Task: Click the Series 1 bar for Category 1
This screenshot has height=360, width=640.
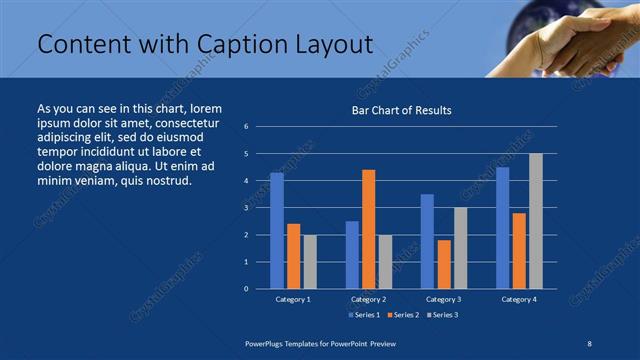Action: [277, 230]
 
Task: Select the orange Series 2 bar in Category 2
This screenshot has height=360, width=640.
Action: [368, 229]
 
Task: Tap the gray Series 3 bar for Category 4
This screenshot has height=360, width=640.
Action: [536, 221]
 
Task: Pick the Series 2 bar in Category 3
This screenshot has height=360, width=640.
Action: [444, 264]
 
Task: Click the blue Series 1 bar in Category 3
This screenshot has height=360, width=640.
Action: [427, 241]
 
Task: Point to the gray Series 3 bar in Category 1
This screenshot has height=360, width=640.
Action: [310, 261]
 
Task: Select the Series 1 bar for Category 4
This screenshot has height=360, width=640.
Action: [502, 228]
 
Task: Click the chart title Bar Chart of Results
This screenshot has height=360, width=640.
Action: [401, 110]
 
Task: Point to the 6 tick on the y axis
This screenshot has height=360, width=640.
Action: [246, 127]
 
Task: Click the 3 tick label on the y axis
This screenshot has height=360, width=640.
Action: [246, 208]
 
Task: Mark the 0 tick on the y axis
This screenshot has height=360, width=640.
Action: [246, 289]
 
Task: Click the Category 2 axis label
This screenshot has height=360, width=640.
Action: [368, 299]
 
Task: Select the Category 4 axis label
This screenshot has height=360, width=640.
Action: [519, 299]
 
